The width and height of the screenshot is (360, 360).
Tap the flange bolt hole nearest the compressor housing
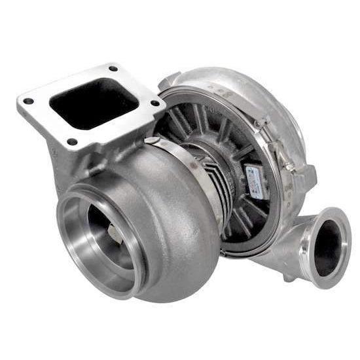point(154,103)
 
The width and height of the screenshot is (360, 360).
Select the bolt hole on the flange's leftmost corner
point(28,101)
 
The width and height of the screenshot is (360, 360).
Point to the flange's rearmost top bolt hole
point(113,69)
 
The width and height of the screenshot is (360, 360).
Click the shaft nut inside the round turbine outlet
point(115,233)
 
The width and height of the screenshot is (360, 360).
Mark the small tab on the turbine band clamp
point(151,140)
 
